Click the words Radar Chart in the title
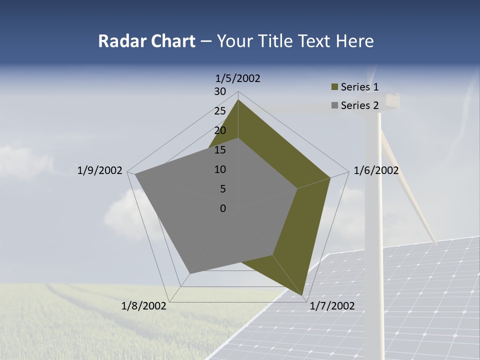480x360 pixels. coord(146,41)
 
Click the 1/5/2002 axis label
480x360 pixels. coord(238,78)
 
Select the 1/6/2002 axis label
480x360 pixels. coord(376,170)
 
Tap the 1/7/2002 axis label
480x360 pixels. coord(332,306)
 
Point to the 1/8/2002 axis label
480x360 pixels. coord(144,306)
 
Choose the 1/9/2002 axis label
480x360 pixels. coord(100,170)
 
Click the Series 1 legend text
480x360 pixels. coord(359,87)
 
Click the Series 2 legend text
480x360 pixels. coord(359,105)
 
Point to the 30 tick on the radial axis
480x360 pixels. coord(220,91)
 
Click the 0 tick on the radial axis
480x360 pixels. coord(223,208)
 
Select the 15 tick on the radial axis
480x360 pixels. coord(220,150)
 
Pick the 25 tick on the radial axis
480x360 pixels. coord(220,111)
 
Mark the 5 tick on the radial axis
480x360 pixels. coord(223,189)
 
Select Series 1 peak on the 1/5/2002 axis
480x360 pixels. coord(238,99)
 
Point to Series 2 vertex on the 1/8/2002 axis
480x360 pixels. coord(190,273)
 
